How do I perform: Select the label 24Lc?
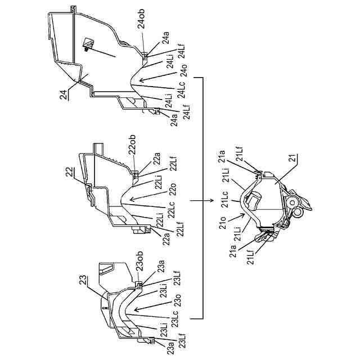(x=173, y=88)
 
